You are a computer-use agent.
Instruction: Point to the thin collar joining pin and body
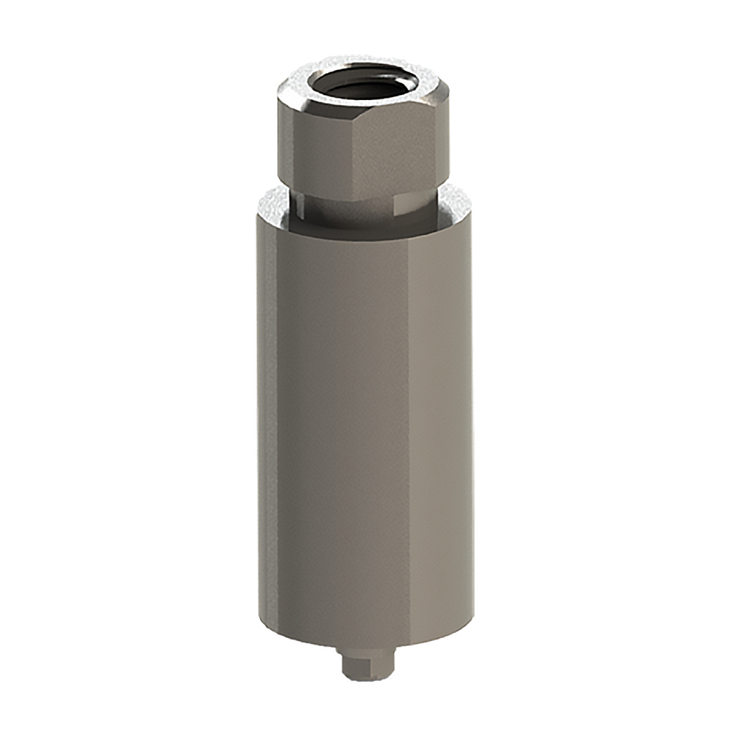point(365,647)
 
